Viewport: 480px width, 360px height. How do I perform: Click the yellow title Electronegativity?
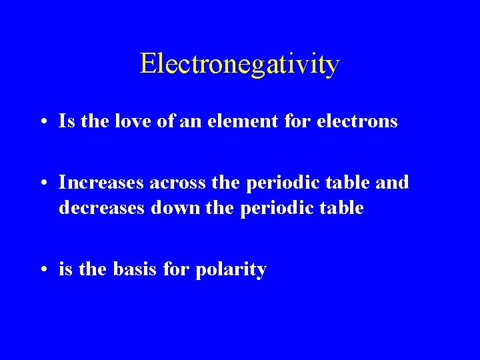coord(240,64)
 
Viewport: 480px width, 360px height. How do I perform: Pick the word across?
coord(177,182)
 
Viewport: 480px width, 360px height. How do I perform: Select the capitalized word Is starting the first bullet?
coord(65,121)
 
